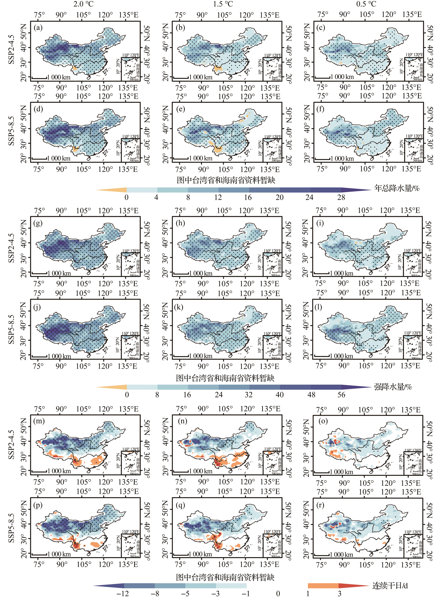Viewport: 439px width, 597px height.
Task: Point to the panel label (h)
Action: (180, 223)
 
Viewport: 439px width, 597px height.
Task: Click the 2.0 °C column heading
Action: (83, 4)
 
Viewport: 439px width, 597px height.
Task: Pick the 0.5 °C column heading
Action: (366, 4)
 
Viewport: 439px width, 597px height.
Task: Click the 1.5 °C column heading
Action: (223, 4)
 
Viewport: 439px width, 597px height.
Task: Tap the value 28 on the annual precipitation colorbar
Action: (341, 197)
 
